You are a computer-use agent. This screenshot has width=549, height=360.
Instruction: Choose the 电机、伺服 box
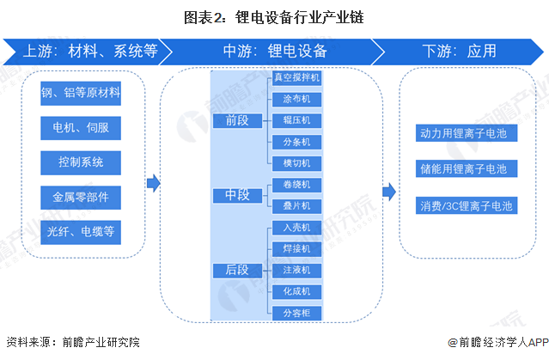pos(81,128)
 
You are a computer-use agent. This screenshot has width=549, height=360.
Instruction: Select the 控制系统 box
pos(81,162)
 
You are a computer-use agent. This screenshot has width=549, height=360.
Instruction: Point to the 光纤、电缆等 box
pos(81,230)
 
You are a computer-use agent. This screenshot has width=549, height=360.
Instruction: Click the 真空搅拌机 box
pos(296,77)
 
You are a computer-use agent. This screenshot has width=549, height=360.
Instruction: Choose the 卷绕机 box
pos(296,185)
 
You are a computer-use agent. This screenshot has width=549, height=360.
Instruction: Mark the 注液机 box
pos(296,271)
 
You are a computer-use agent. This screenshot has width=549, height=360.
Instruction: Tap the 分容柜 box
pos(296,314)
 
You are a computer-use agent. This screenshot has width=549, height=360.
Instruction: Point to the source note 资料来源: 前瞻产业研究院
pos(72,342)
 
